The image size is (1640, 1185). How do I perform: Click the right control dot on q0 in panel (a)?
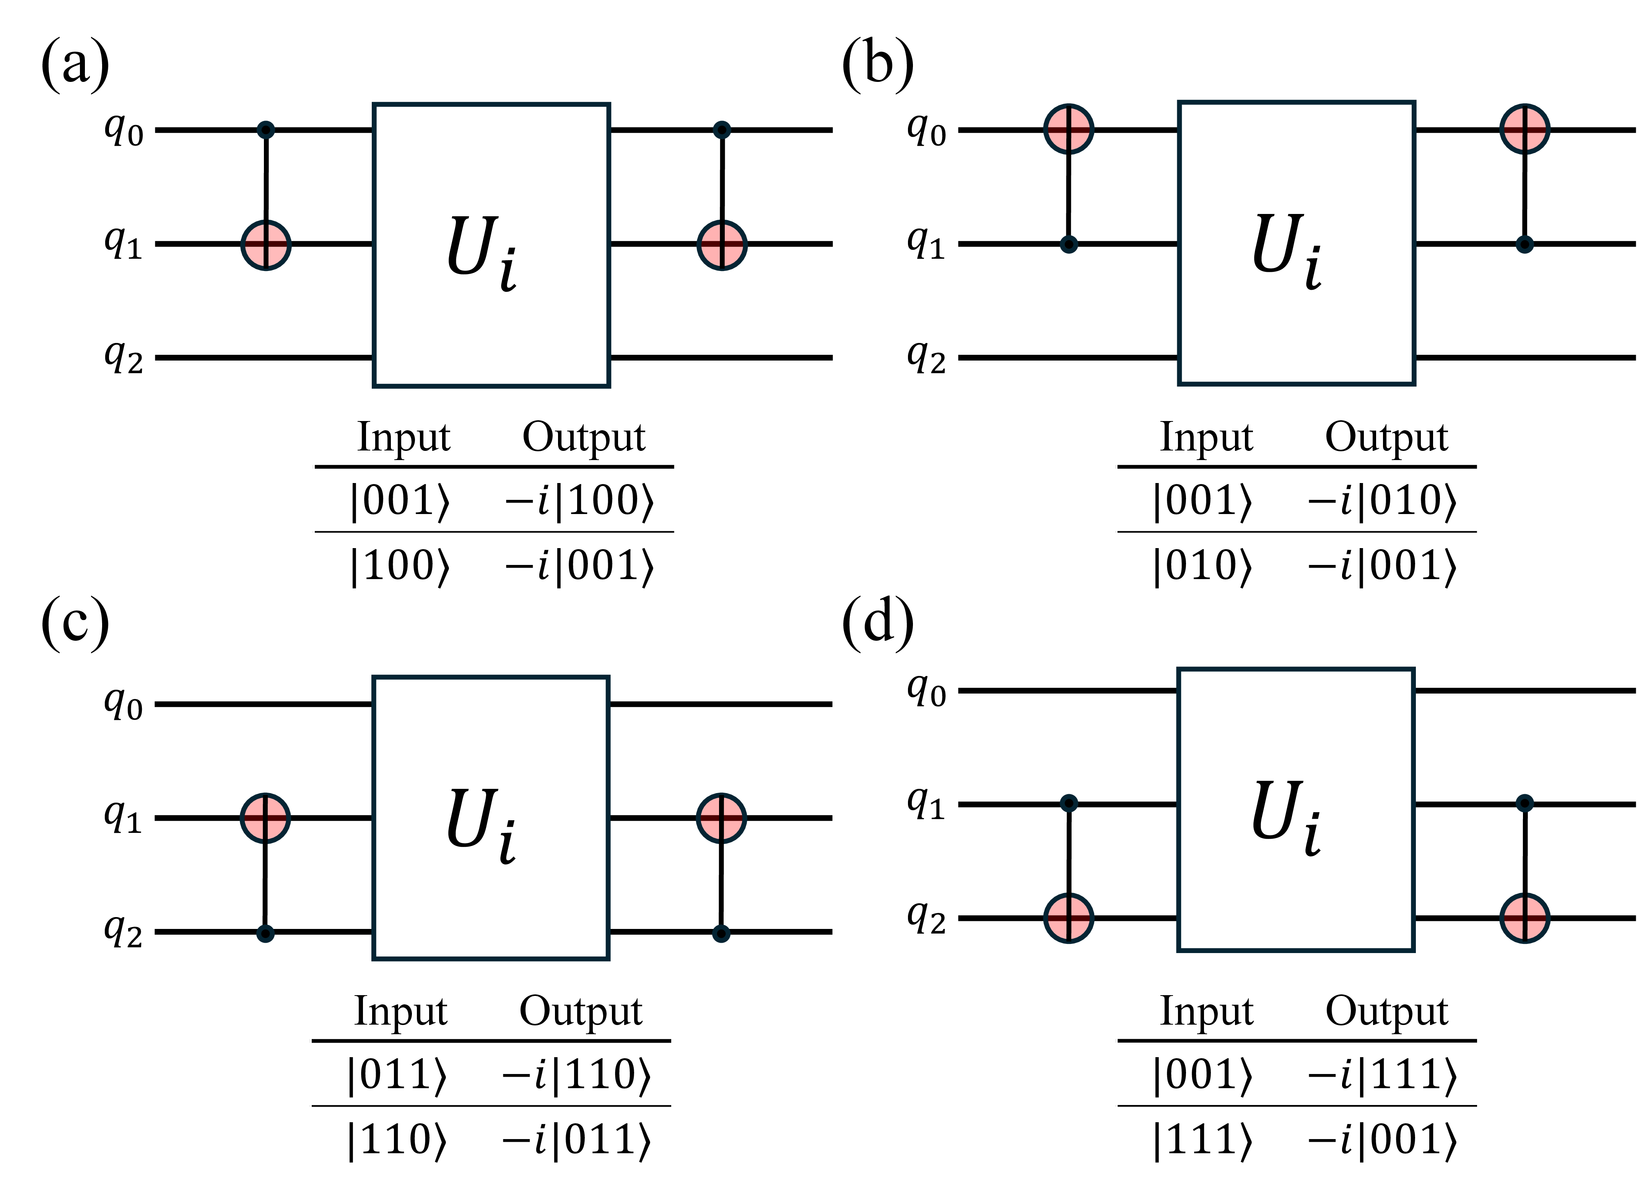point(722,130)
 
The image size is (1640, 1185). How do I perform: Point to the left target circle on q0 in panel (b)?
point(1069,129)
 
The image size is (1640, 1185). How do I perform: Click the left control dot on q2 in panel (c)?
point(265,933)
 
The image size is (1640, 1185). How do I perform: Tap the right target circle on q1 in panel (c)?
point(721,818)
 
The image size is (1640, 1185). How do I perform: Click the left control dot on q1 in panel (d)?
point(1069,803)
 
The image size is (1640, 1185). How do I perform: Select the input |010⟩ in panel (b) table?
point(1202,566)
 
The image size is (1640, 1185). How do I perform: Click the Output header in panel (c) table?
point(581,1011)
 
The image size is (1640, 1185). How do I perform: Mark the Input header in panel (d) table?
point(1206,1011)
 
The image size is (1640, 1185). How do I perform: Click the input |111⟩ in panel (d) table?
point(1202,1141)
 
